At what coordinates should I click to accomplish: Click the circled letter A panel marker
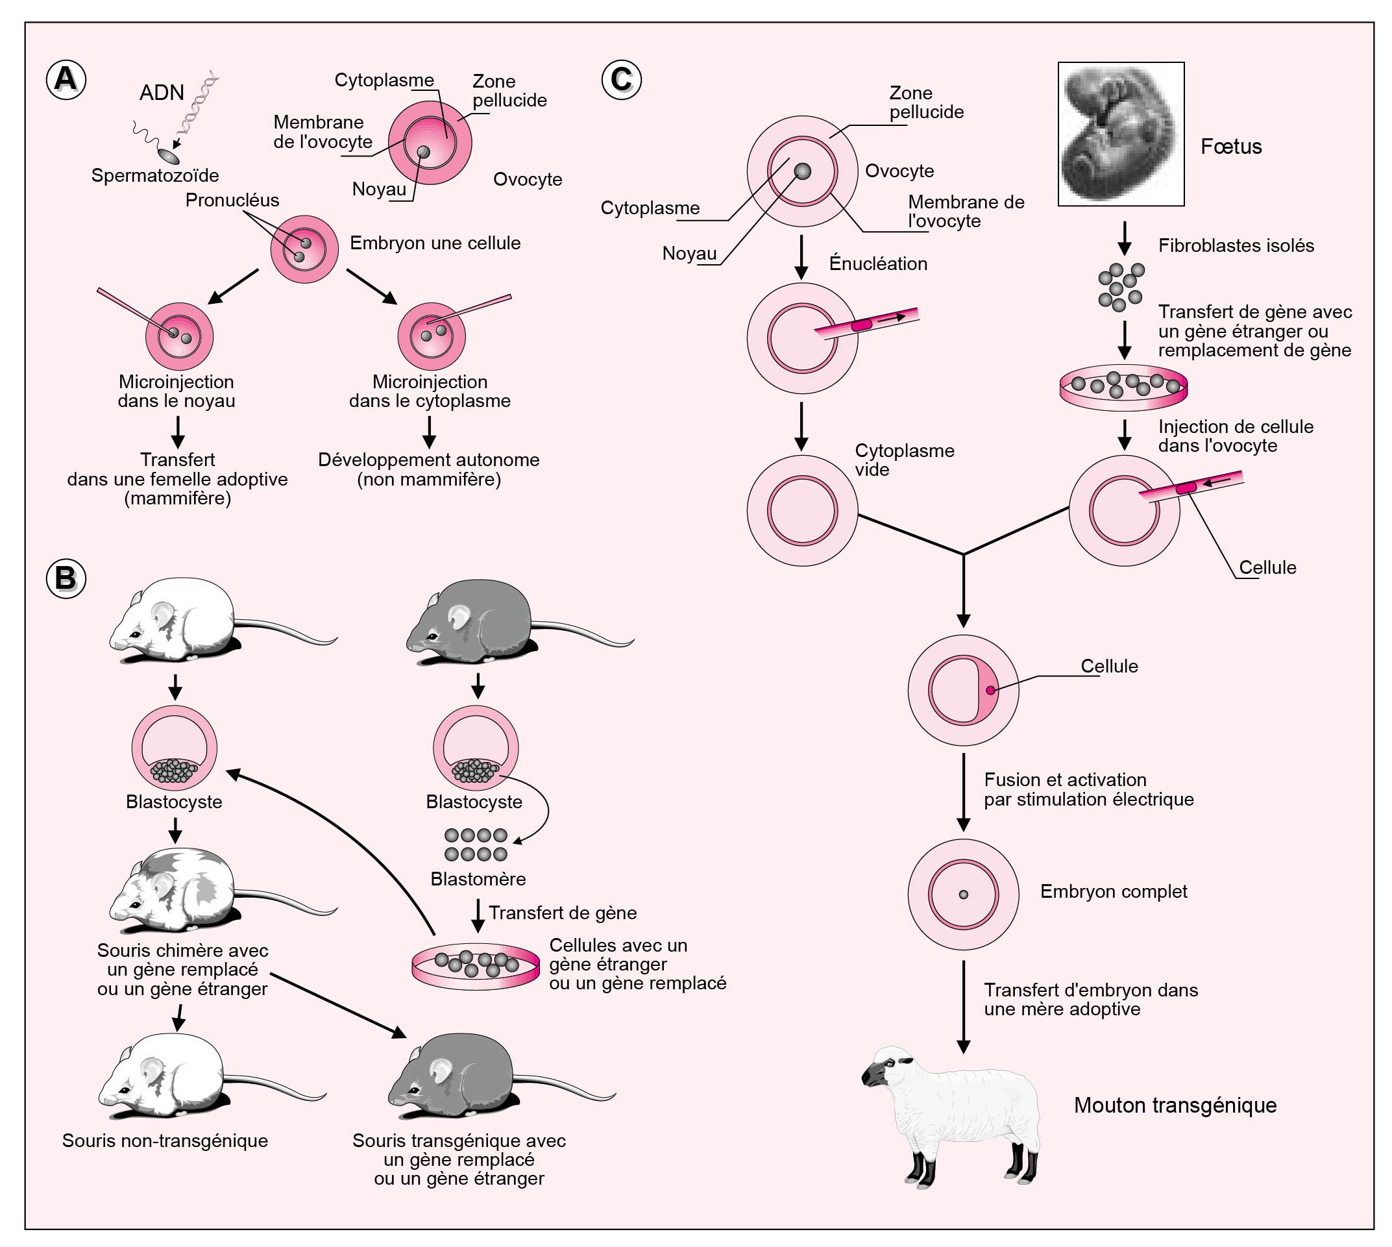(x=66, y=79)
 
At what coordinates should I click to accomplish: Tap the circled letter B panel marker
(x=66, y=578)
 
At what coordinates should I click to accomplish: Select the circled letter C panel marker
(x=620, y=79)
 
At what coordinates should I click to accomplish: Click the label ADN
(x=162, y=92)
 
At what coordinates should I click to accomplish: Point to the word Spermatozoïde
(x=155, y=175)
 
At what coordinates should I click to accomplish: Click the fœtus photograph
(x=1121, y=134)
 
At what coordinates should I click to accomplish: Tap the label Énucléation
(x=877, y=264)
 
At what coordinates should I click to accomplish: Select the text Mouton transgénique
(x=1175, y=1105)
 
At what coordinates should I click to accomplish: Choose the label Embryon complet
(x=1113, y=891)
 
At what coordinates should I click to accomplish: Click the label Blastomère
(x=478, y=879)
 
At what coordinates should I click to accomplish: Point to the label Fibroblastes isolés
(x=1236, y=246)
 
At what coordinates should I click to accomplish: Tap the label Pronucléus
(x=232, y=200)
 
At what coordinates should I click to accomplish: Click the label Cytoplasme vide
(x=903, y=460)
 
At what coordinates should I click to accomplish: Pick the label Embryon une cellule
(x=435, y=243)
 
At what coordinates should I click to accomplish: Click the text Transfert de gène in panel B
(x=563, y=913)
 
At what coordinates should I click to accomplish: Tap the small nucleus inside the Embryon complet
(x=963, y=895)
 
